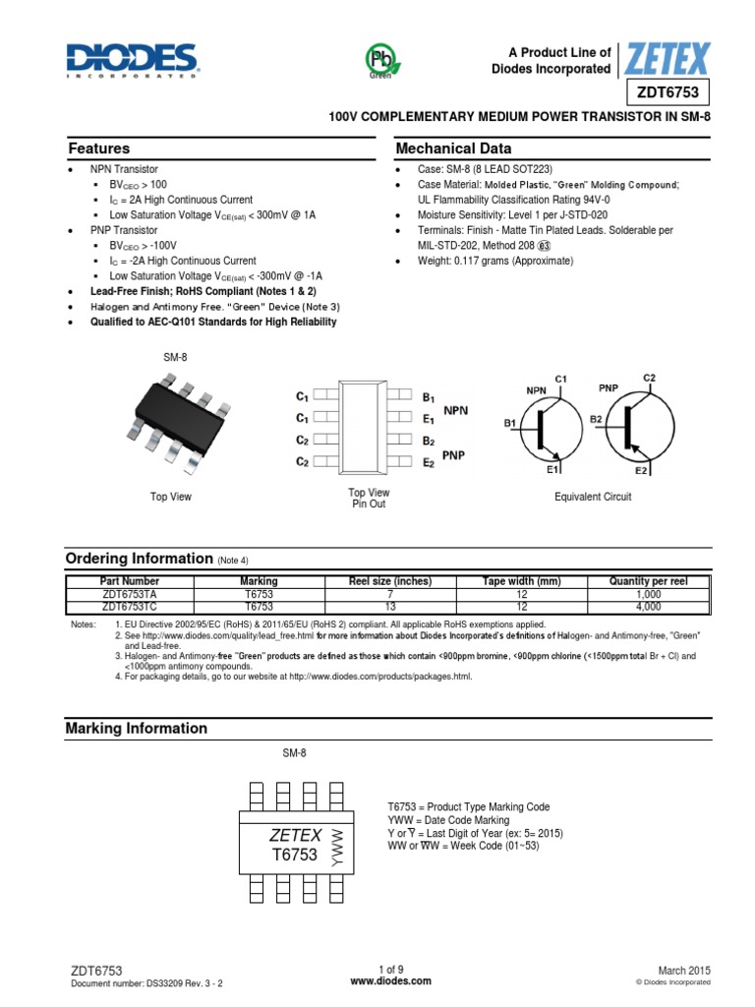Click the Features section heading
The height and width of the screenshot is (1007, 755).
pos(98,148)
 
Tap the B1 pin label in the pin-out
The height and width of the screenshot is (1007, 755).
pos(428,398)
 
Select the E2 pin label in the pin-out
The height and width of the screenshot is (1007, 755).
pos(428,462)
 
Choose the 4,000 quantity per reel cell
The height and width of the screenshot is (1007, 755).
pos(648,607)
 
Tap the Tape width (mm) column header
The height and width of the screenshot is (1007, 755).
pos(521,581)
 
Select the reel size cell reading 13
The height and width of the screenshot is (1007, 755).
pos(390,607)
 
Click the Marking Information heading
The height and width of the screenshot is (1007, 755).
pos(136,729)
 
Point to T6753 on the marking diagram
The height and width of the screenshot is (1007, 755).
pos(295,855)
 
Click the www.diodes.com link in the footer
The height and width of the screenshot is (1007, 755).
pos(377,981)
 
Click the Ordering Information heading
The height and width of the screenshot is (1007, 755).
pos(139,558)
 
